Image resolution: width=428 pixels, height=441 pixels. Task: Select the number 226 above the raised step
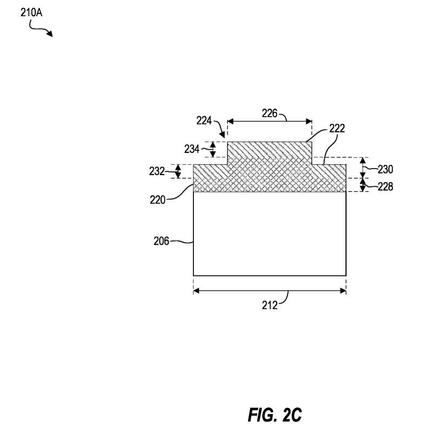coord(269,113)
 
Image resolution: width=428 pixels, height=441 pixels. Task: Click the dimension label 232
coord(157,171)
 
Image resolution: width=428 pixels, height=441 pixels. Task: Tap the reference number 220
coord(158,198)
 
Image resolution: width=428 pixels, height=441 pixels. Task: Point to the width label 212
coord(269,305)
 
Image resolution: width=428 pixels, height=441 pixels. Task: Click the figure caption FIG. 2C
coord(275,416)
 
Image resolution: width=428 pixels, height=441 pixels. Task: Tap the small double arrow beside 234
coord(213,149)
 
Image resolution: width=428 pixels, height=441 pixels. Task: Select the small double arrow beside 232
coord(178,171)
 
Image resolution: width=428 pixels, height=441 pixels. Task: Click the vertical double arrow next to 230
coord(362,168)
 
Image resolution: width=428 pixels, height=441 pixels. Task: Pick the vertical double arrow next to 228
coord(362,185)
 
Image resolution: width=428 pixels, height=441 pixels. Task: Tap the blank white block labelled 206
coord(269,234)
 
